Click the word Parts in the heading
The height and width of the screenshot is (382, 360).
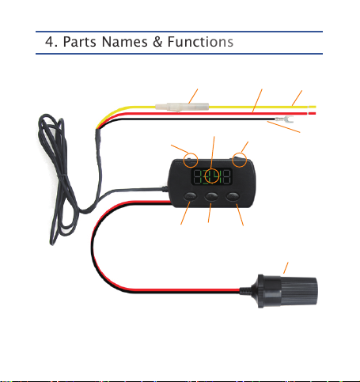point(80,42)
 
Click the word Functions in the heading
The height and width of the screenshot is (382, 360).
point(200,42)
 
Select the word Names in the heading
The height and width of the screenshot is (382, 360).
point(125,42)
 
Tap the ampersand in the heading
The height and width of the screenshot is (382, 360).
point(157,42)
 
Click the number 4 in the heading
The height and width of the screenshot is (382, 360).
point(50,42)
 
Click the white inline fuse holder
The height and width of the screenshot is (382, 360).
point(182,108)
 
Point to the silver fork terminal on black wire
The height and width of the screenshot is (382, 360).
point(284,119)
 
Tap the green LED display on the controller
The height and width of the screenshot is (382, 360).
point(211,176)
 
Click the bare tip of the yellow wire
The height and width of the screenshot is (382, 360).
point(313,107)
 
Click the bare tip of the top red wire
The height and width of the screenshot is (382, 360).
point(313,113)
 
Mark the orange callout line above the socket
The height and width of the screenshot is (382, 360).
point(286,268)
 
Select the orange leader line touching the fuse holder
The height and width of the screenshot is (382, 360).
point(193,96)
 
